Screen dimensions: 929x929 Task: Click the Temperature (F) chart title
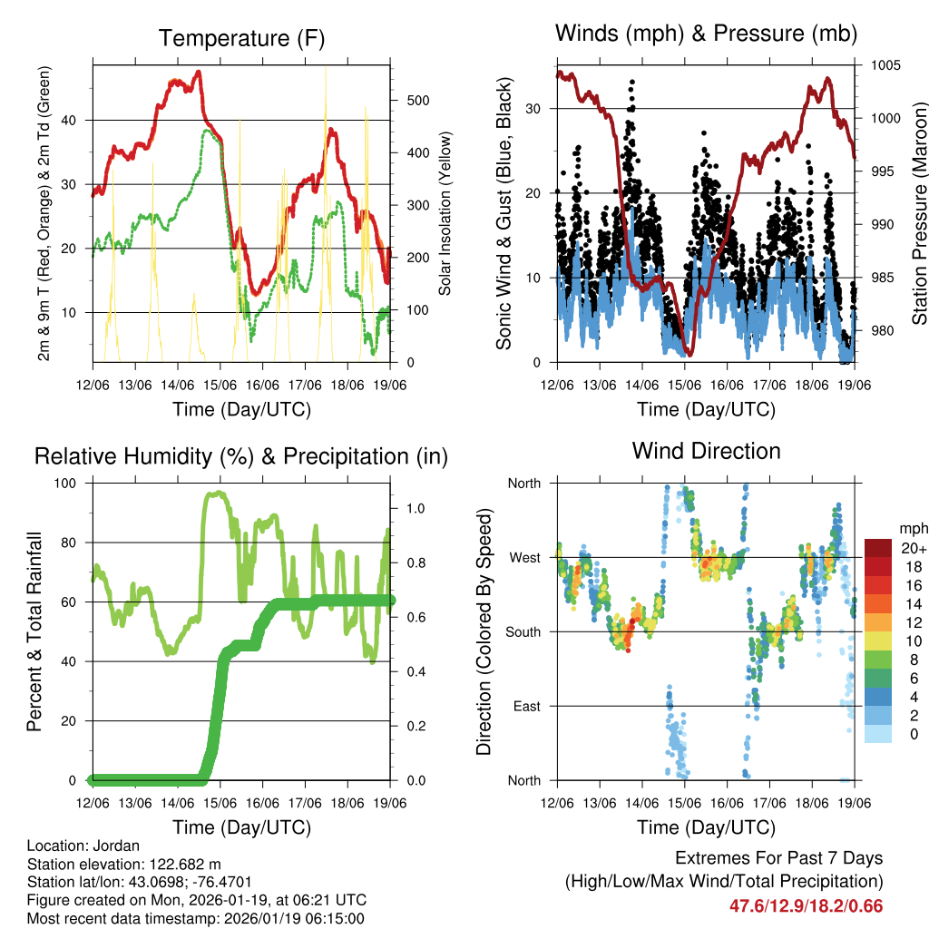(x=241, y=38)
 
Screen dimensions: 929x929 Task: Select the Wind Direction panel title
(x=706, y=451)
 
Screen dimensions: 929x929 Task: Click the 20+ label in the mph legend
(x=912, y=548)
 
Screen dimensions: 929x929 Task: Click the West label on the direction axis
(x=524, y=557)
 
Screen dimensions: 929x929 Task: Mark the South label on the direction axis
(x=523, y=631)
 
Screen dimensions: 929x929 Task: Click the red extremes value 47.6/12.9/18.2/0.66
(x=806, y=905)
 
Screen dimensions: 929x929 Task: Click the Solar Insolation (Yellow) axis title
(x=445, y=214)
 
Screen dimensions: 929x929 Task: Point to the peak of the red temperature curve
(x=199, y=73)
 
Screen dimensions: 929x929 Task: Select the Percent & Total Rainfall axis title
(x=34, y=631)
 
